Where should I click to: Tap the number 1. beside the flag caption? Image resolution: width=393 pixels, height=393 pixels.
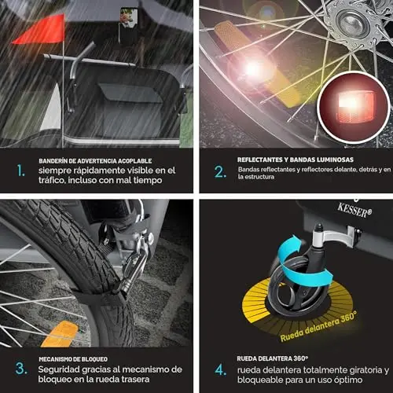[x=21, y=171]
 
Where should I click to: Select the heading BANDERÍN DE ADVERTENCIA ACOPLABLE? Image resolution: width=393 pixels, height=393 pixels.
[x=95, y=161]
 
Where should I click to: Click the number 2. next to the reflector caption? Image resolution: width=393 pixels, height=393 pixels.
[x=220, y=172]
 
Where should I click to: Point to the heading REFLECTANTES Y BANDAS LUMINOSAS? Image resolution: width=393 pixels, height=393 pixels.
[x=296, y=160]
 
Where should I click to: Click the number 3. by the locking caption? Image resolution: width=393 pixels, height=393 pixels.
[x=21, y=369]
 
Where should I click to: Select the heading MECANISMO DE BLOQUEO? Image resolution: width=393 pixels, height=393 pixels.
[x=73, y=359]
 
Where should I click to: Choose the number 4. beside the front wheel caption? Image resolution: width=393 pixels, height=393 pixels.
[x=221, y=370]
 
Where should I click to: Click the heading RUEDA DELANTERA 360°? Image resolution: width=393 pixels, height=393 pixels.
[x=273, y=358]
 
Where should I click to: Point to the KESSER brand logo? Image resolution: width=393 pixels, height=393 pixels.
[x=354, y=210]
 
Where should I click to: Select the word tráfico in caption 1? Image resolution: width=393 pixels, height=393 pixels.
[x=52, y=180]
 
